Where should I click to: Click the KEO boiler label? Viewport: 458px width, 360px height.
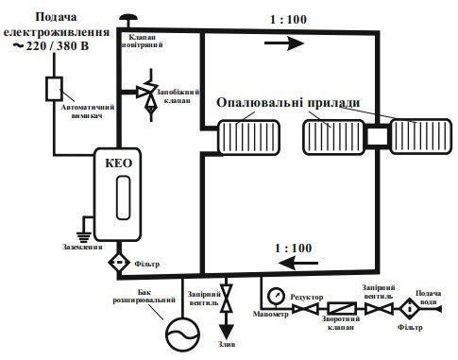(x=118, y=163)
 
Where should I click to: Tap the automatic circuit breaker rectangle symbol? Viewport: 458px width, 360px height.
(x=54, y=89)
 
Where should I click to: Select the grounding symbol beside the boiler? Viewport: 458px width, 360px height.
(x=84, y=235)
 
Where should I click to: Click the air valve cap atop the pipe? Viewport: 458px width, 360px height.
(x=127, y=17)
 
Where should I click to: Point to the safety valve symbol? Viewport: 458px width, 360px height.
(x=149, y=94)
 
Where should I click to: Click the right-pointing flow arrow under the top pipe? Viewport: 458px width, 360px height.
(x=284, y=43)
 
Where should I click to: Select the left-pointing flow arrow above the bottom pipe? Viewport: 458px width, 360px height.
(x=299, y=263)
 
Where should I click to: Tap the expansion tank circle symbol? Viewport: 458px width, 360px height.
(x=183, y=334)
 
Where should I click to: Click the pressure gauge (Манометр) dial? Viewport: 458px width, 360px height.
(x=276, y=296)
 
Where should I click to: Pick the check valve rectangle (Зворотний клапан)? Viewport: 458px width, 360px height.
(x=342, y=309)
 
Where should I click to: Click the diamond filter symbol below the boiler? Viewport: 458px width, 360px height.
(x=119, y=262)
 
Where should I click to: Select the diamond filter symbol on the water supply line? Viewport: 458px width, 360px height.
(x=410, y=309)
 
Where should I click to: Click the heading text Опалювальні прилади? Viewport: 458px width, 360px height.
(x=288, y=103)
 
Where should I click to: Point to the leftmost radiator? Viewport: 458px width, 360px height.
(x=249, y=137)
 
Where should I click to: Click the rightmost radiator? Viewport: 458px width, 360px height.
(x=421, y=136)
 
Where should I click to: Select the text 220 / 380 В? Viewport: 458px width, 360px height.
(x=58, y=46)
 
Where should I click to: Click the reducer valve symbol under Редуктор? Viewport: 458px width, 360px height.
(x=305, y=309)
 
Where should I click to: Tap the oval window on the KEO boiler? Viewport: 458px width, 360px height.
(x=123, y=197)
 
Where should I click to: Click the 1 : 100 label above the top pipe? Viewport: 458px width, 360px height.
(x=288, y=20)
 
